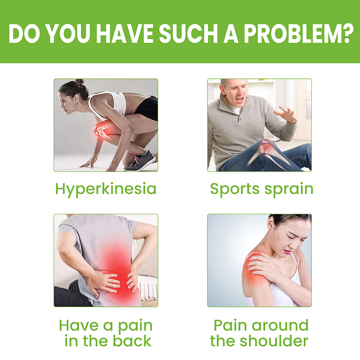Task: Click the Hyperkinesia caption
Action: (106, 189)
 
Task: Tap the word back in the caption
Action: (132, 341)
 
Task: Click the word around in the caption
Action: (280, 325)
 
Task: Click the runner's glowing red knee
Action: (102, 130)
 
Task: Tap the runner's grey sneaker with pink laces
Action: (140, 160)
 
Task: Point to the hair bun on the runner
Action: (80, 81)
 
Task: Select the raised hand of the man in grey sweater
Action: (286, 114)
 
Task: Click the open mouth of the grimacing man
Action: (240, 99)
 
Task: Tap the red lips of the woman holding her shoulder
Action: (288, 252)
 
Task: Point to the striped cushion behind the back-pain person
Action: (148, 291)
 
